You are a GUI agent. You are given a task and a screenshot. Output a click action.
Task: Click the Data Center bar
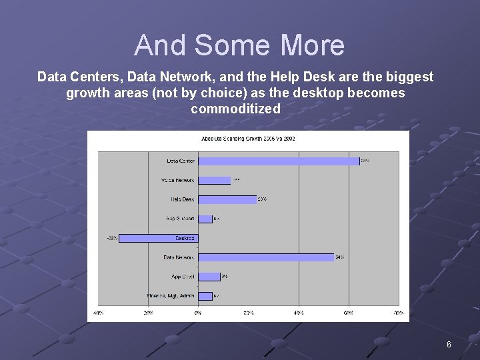279,161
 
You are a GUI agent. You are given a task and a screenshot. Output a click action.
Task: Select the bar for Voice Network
215,180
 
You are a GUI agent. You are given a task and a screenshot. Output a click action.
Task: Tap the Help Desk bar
227,199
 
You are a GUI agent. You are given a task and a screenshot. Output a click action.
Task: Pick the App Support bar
205,219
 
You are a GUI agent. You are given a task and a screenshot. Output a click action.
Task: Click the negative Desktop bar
159,238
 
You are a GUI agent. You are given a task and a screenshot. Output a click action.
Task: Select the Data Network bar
266,257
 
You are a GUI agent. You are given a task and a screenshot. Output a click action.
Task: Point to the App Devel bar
209,277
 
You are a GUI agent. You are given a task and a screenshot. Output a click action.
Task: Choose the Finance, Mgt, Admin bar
205,296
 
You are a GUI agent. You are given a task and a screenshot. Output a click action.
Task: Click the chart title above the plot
248,139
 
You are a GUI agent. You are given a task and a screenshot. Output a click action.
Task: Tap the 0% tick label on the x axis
198,312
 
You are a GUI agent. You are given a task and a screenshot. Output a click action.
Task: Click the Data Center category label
180,161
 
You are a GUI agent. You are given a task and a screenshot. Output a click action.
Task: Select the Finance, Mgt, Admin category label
171,296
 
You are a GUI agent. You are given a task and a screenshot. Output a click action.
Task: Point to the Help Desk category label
182,199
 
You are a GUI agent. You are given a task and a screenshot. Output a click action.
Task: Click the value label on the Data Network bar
340,257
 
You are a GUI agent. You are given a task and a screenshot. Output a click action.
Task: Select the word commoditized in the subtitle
235,109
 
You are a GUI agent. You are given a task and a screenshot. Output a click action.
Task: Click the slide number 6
449,345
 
